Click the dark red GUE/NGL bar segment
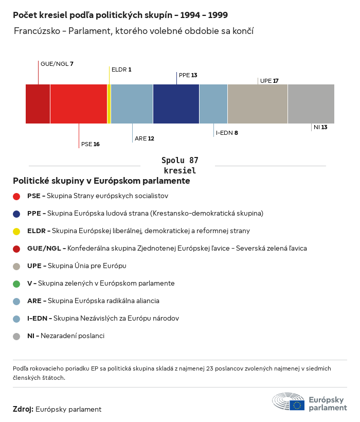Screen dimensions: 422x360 (x=38, y=104)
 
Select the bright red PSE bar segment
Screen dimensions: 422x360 (x=78, y=104)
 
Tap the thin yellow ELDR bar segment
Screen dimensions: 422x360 (x=109, y=104)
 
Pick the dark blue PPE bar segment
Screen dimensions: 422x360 (x=176, y=104)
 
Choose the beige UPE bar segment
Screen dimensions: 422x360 (x=257, y=104)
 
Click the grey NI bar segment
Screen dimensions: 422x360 (x=311, y=104)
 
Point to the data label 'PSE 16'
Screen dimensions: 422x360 (x=90, y=144)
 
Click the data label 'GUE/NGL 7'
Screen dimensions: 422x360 (x=57, y=64)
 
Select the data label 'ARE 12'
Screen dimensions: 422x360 (x=144, y=138)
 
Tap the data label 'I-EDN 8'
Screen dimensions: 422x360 (x=227, y=133)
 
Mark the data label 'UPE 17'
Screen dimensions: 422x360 (x=269, y=81)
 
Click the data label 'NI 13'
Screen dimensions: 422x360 (x=320, y=127)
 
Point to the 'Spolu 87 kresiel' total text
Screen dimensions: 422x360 (x=179, y=165)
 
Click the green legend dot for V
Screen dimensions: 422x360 (x=16, y=284)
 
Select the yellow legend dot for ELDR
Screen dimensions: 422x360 (x=16, y=231)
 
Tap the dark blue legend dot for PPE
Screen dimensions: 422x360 (x=16, y=214)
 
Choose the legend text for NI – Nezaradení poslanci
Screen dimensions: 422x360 (x=66, y=336)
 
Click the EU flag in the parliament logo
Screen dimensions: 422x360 (x=297, y=405)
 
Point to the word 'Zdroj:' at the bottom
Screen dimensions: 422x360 (x=23, y=409)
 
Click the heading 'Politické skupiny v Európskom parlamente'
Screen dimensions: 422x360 (x=101, y=181)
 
